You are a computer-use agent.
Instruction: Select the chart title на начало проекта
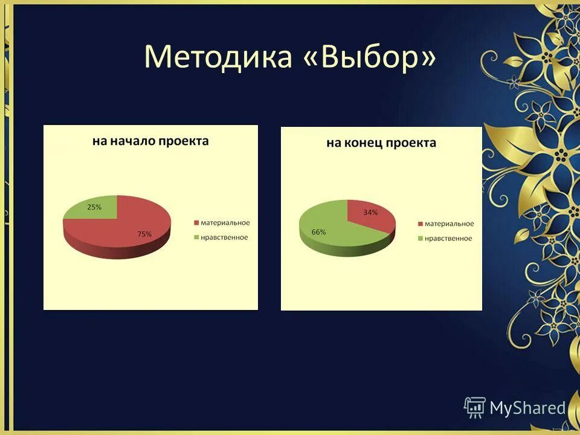click(x=150, y=141)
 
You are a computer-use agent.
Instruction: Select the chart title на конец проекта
click(x=381, y=143)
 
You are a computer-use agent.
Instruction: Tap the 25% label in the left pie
click(x=94, y=207)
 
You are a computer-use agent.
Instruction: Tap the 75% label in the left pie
click(x=144, y=234)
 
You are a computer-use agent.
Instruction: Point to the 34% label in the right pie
click(x=370, y=212)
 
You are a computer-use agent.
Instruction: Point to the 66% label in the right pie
click(x=318, y=232)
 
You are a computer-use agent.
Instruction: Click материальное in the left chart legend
click(x=225, y=223)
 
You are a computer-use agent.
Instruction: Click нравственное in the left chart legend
click(x=224, y=237)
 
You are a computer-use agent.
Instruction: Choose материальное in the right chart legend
click(x=449, y=224)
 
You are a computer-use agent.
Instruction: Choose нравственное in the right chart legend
click(x=448, y=238)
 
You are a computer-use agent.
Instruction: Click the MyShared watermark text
click(x=527, y=408)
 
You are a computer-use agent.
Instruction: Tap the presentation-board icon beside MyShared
click(x=475, y=407)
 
